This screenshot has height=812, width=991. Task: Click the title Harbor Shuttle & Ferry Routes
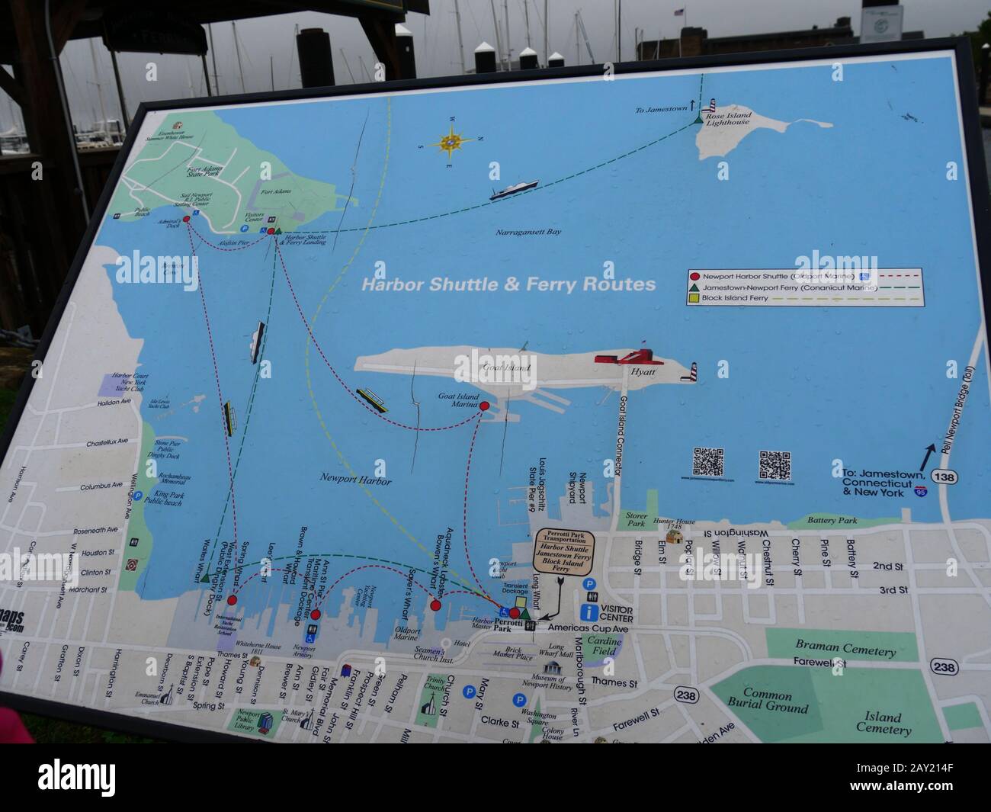tap(508, 285)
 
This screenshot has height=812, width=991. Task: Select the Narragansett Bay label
tap(528, 231)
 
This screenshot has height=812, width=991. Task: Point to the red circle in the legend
tap(694, 276)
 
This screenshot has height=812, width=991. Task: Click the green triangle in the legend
tap(694, 288)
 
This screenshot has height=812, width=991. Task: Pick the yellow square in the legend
tap(694, 300)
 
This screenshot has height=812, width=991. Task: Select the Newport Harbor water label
tap(356, 482)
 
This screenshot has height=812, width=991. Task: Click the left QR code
tap(707, 463)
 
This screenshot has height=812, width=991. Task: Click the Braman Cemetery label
tap(845, 649)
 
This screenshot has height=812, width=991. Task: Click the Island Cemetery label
tap(884, 723)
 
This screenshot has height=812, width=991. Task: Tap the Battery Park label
tap(833, 521)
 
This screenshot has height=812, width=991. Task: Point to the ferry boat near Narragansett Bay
tap(514, 189)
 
